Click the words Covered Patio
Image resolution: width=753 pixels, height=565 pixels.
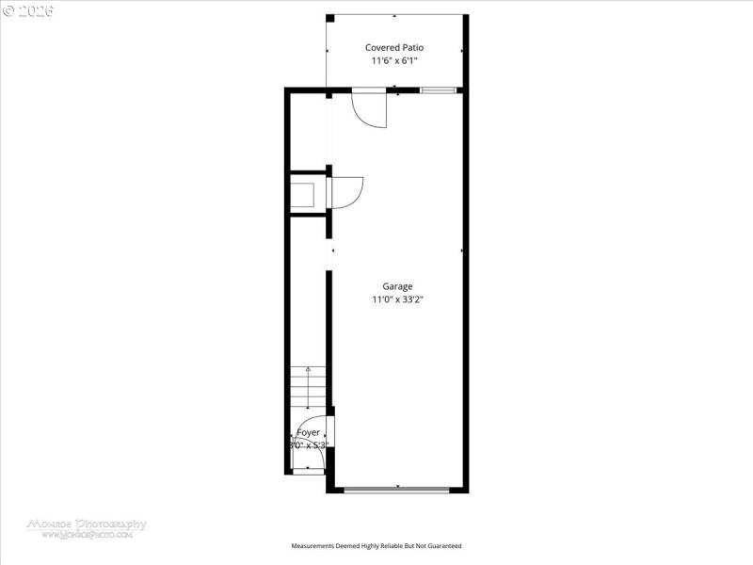pyautogui.click(x=394, y=47)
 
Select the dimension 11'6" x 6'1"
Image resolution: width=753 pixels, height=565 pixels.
pyautogui.click(x=394, y=61)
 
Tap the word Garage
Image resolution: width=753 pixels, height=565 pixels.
pyautogui.click(x=397, y=286)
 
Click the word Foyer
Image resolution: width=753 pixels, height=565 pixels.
pyautogui.click(x=308, y=432)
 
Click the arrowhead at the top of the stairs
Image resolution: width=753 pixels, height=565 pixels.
pyautogui.click(x=308, y=372)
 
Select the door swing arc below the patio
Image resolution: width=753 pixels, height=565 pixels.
pyautogui.click(x=370, y=111)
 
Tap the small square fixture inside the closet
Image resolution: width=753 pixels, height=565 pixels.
pyautogui.click(x=304, y=195)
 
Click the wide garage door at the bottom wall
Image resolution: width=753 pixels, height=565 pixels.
pyautogui.click(x=397, y=489)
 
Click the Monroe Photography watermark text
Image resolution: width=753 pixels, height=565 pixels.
pyautogui.click(x=87, y=524)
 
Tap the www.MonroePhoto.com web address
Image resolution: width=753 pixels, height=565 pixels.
pyautogui.click(x=87, y=535)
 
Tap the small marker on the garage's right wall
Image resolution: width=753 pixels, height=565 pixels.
pyautogui.click(x=462, y=250)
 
